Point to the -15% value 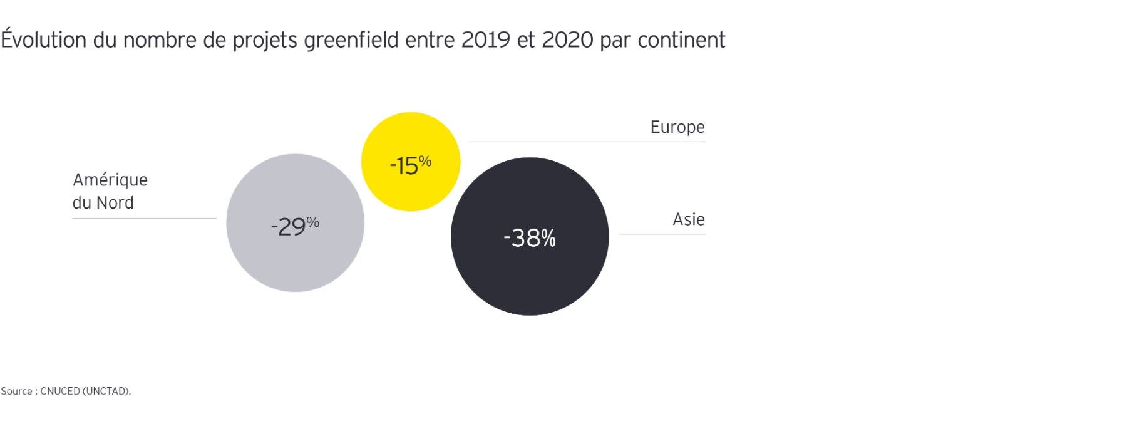(410, 165)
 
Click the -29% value (295, 226)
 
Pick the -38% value (530, 238)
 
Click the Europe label (677, 127)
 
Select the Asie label (689, 219)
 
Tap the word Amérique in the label (110, 180)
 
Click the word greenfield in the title (351, 40)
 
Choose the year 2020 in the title (567, 40)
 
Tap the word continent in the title (681, 40)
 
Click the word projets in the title (265, 41)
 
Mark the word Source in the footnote (16, 391)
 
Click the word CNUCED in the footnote (60, 391)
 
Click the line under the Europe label (587, 142)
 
